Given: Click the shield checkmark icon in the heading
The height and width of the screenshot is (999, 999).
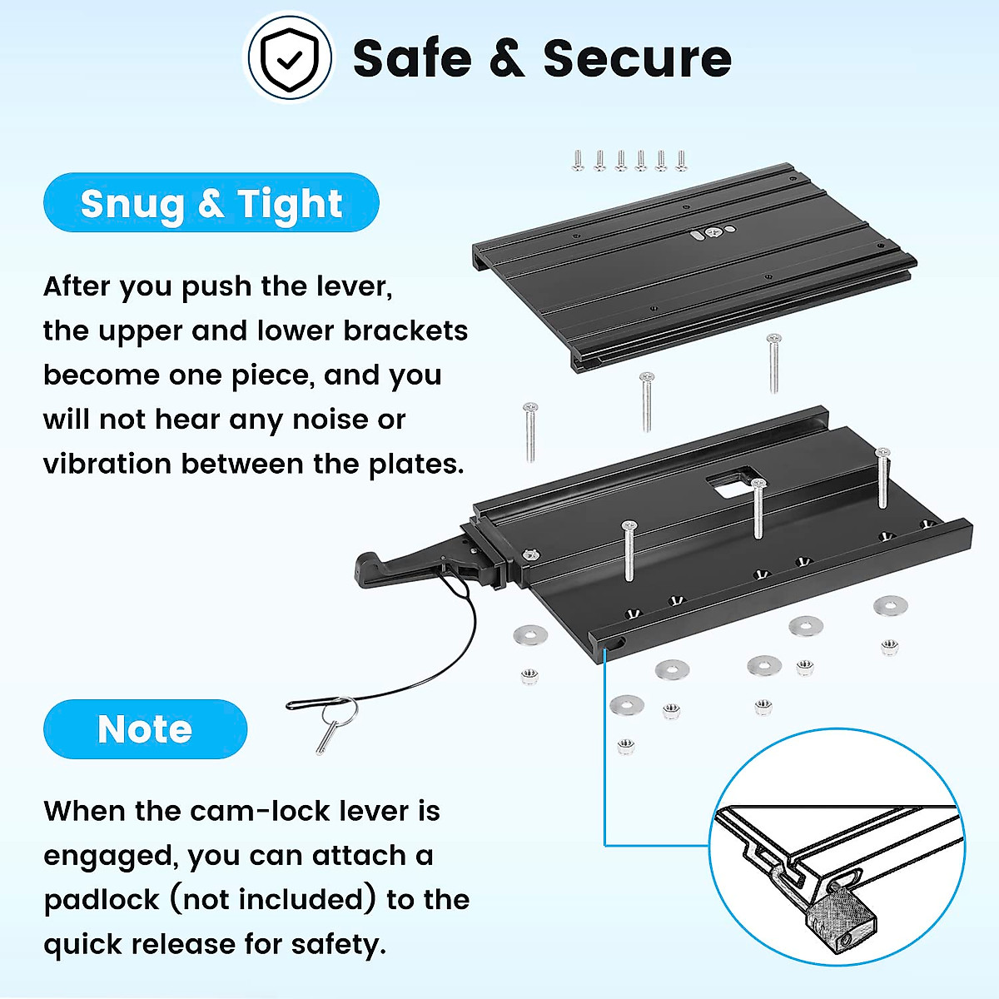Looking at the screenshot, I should [x=289, y=57].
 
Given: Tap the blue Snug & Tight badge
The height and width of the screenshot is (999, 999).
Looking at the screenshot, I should [x=211, y=203].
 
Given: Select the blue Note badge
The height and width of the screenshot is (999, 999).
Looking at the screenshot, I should [x=145, y=729].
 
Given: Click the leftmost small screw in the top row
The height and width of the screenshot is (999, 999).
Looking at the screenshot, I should [x=579, y=160].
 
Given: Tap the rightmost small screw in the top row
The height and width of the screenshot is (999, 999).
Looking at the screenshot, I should [x=682, y=160].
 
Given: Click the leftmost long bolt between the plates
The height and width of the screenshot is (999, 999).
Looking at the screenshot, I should [x=530, y=431].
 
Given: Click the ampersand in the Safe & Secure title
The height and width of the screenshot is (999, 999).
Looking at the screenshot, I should [x=507, y=59].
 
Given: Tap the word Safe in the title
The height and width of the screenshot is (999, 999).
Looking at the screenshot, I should [x=412, y=59].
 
